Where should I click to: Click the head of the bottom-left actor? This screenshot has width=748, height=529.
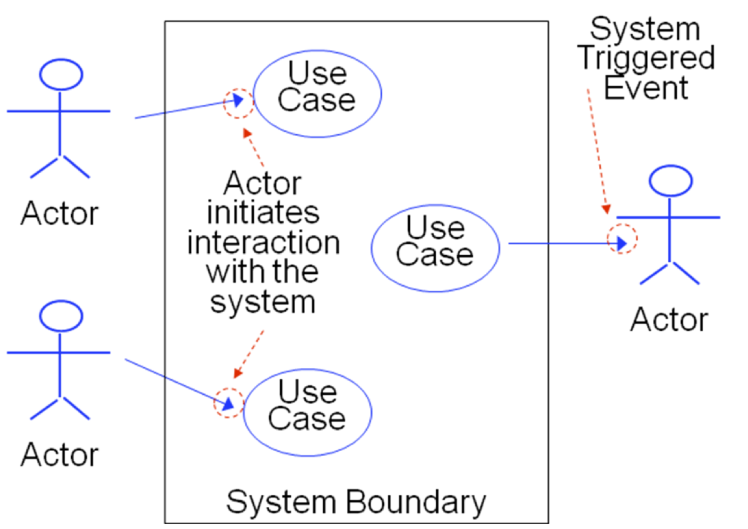60,316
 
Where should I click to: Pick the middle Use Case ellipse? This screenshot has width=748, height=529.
435,247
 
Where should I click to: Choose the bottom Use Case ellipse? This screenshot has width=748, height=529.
308,412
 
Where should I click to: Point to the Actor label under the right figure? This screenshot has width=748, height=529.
669,319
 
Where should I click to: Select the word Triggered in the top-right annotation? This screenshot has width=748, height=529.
646,58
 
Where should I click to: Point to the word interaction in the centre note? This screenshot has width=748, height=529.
263,243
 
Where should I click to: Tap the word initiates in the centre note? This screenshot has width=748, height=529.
263,213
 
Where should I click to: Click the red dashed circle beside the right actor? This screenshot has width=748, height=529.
622,240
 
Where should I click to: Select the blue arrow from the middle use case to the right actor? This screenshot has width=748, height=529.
562,244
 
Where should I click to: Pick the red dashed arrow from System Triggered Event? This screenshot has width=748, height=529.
597,150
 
